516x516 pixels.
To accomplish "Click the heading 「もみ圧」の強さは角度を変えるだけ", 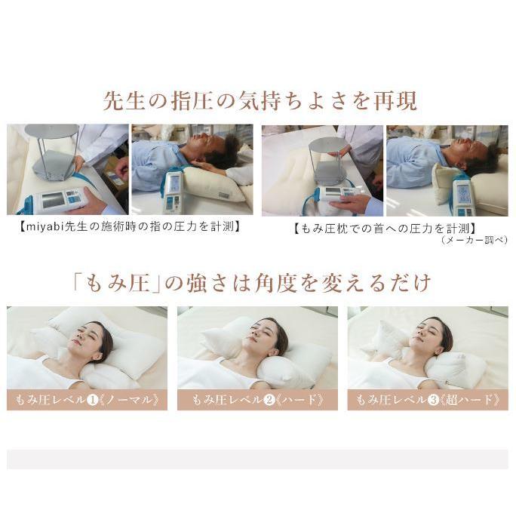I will pyautogui.click(x=258, y=283).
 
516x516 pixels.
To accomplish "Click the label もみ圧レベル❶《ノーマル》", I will pyautogui.click(x=88, y=400).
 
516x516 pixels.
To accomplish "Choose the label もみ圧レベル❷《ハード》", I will pyautogui.click(x=257, y=400).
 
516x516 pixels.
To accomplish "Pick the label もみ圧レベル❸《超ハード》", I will pyautogui.click(x=428, y=400).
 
